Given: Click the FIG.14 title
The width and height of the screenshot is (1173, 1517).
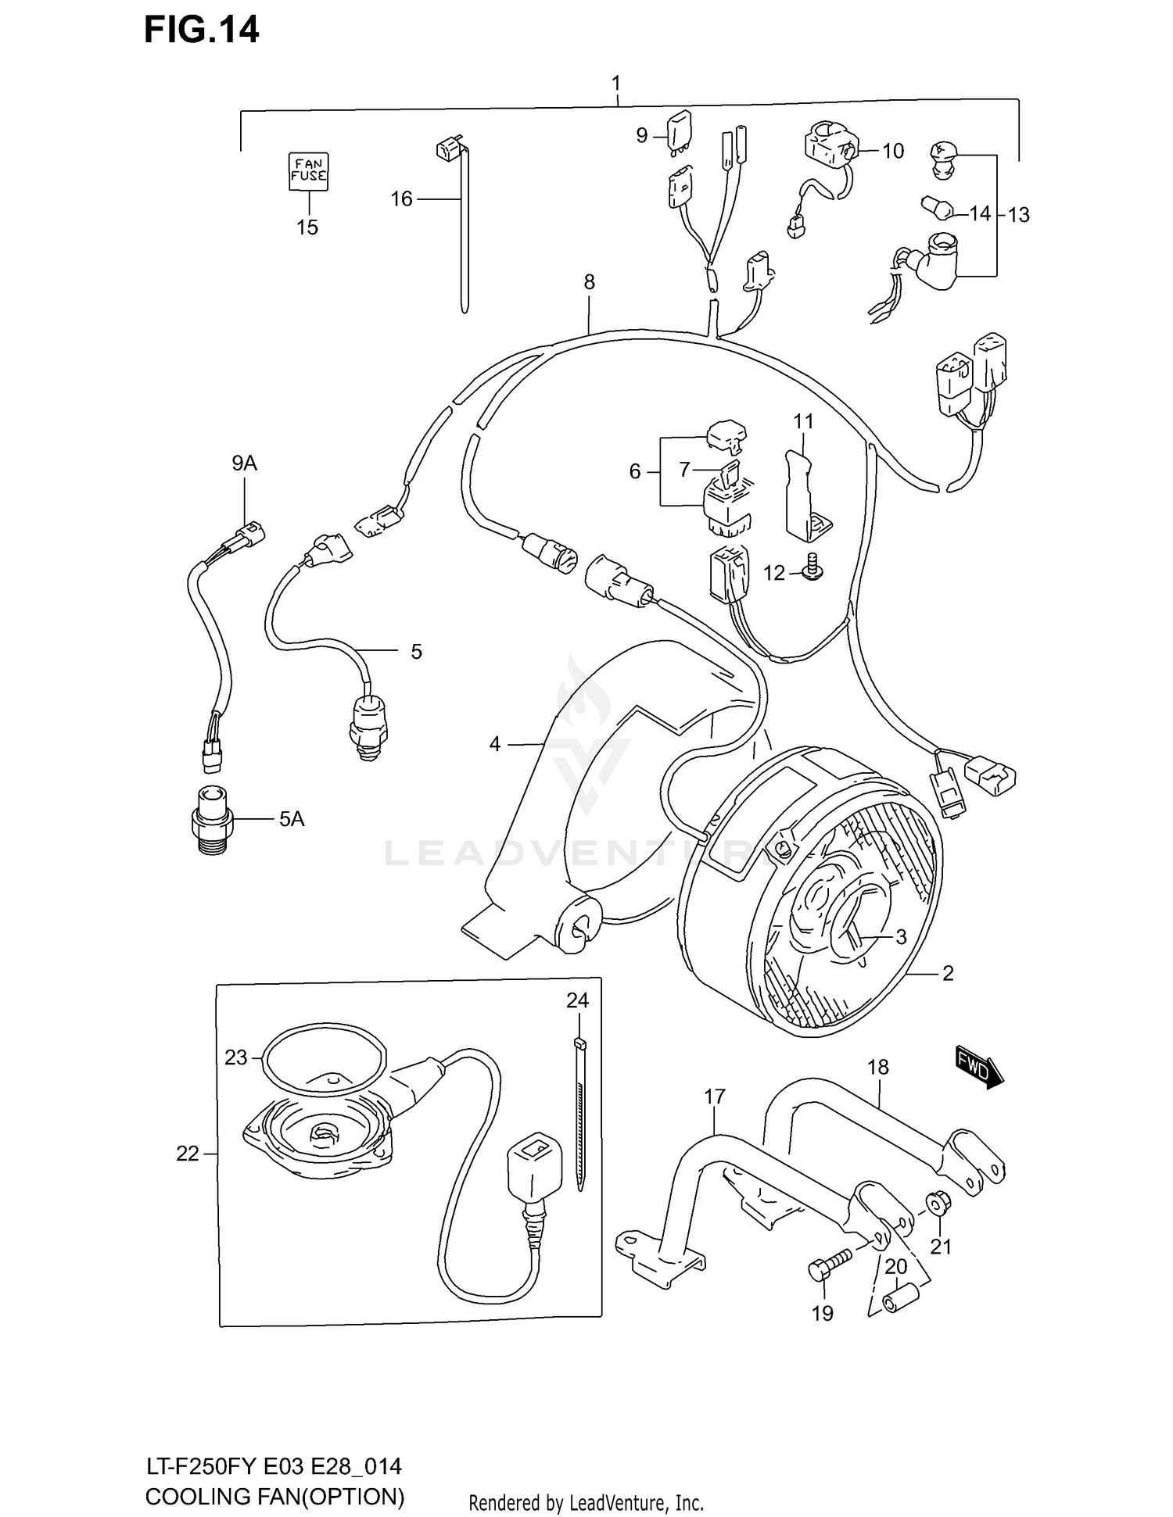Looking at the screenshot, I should [201, 30].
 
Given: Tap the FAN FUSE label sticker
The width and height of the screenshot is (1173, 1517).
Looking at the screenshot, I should [309, 171].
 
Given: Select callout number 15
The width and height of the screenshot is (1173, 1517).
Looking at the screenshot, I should [307, 227].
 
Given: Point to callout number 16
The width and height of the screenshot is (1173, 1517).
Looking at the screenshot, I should [401, 199].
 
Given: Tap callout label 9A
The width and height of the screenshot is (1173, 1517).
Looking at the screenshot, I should [244, 463].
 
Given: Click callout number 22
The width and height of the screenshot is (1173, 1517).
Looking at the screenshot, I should [188, 1154].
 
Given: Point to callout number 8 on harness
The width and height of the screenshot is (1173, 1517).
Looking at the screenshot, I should [589, 282].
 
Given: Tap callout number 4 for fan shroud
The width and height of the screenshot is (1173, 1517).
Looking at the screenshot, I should [494, 744].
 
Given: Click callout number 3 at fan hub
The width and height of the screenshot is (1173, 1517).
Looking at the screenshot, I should [901, 936].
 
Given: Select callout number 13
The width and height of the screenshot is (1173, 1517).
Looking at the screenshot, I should [1018, 215].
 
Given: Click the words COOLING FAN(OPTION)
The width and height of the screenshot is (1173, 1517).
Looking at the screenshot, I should [275, 1497].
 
